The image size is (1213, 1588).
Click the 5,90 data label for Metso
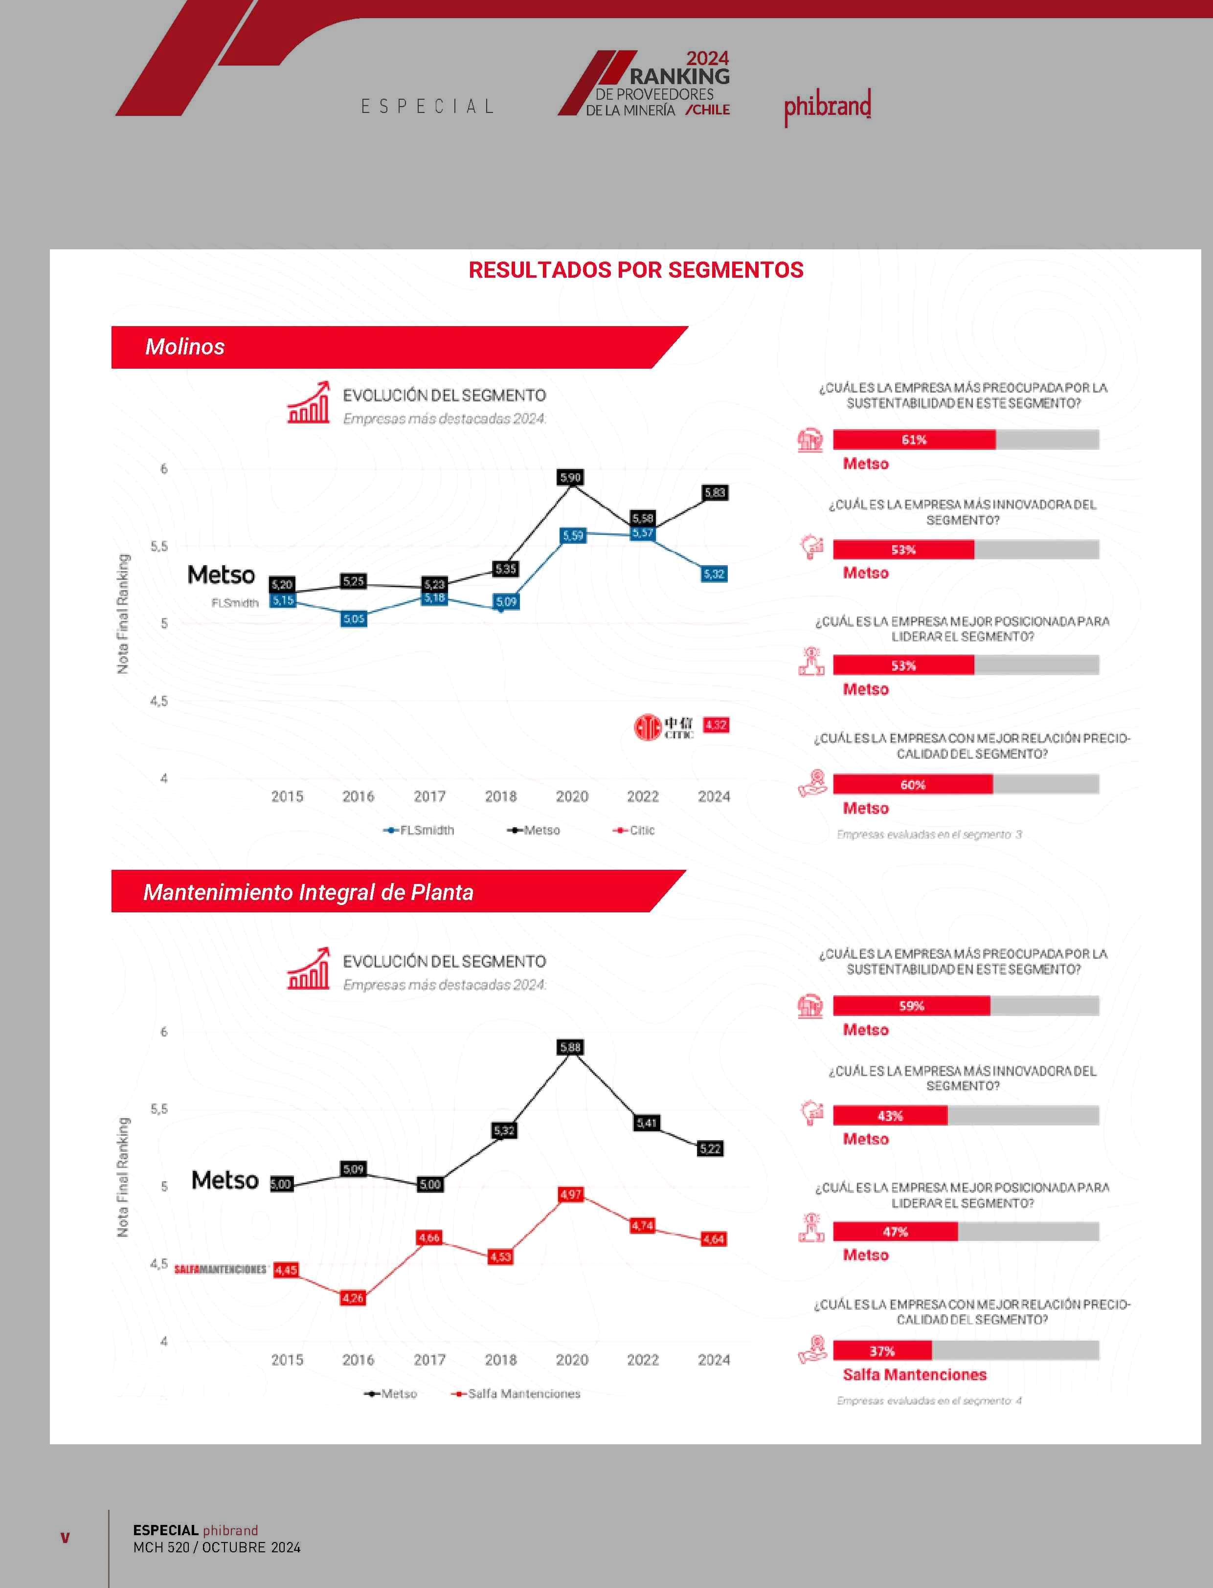coord(570,477)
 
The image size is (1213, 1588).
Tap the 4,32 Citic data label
coord(716,725)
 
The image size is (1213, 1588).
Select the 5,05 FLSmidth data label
coord(354,618)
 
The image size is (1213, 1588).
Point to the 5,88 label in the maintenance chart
coord(570,1047)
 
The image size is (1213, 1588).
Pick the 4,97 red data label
coord(570,1194)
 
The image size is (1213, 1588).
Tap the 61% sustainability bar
coord(914,440)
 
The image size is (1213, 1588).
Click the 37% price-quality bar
coord(882,1350)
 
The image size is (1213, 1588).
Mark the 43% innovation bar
coord(890,1116)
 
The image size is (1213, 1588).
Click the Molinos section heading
coord(185,347)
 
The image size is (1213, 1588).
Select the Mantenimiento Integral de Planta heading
coord(308,892)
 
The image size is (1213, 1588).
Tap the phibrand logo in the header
coord(828,107)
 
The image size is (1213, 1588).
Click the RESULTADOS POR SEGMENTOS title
coord(635,270)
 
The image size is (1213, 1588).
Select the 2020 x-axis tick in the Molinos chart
coord(572,796)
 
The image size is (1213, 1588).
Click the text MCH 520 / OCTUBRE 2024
coord(217,1547)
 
